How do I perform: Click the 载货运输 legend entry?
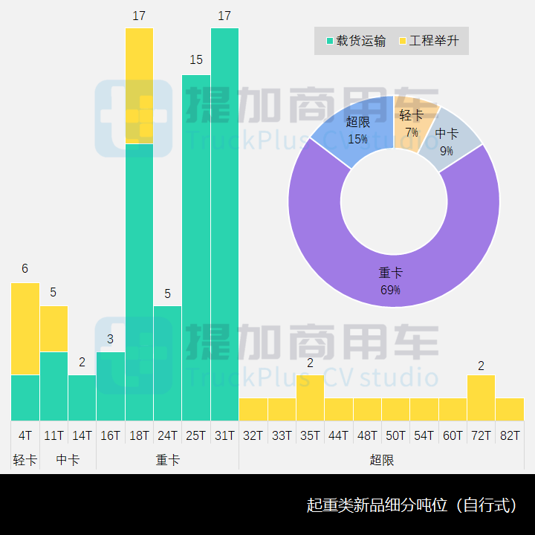click(x=355, y=41)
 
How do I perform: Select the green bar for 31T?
click(x=224, y=223)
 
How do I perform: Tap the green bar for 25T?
click(x=196, y=245)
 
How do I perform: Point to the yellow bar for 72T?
click(x=481, y=398)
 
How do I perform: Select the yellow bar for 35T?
click(x=310, y=398)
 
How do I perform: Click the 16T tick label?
click(x=111, y=435)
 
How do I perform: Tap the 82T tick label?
click(x=510, y=435)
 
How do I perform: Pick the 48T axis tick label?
click(x=367, y=435)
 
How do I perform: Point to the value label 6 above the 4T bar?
click(x=25, y=269)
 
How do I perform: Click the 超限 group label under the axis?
click(x=381, y=460)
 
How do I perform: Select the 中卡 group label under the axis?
click(x=68, y=460)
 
